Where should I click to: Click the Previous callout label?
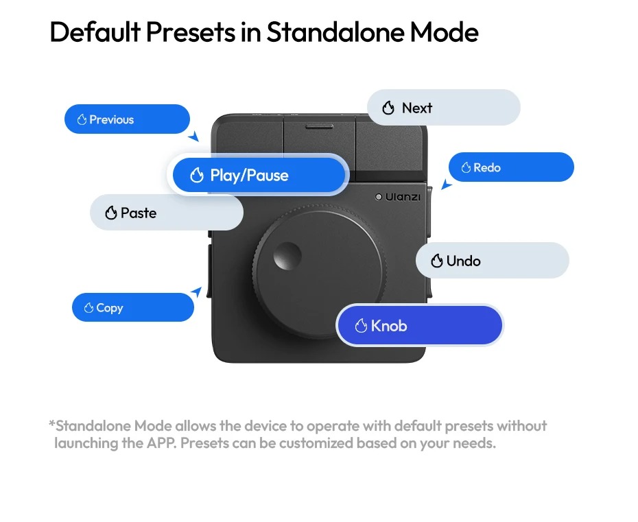tap(127, 119)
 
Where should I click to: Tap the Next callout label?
tap(443, 108)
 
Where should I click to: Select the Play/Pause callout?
tap(259, 175)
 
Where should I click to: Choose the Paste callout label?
tap(167, 213)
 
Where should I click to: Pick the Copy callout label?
tap(133, 307)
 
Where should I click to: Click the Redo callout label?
tap(511, 167)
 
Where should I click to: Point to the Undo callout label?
tap(493, 261)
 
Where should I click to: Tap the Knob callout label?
tap(419, 326)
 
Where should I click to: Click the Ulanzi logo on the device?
tap(397, 197)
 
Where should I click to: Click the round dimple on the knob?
tap(287, 256)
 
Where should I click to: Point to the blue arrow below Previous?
tap(193, 137)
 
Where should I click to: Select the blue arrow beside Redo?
tap(447, 185)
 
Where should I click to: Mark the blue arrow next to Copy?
tap(196, 292)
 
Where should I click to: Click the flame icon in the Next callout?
tap(388, 108)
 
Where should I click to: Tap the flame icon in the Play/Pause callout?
tap(197, 176)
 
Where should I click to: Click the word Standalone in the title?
tap(335, 32)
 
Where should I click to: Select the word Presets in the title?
tap(191, 32)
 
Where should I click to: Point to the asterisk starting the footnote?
tap(51, 423)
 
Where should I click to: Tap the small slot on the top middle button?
tap(320, 127)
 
